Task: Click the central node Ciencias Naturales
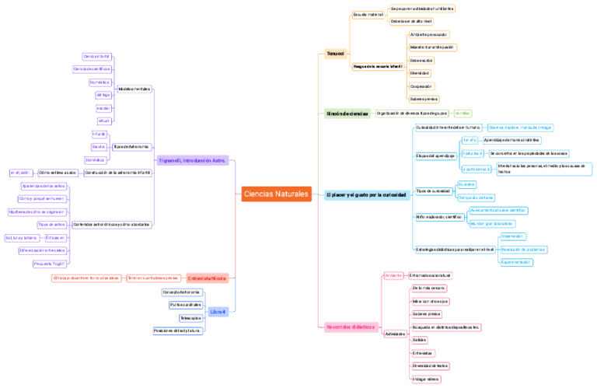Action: pos(276,194)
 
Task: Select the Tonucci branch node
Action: pos(335,54)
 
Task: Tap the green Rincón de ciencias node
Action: pos(347,114)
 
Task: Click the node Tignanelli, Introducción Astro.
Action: pos(191,160)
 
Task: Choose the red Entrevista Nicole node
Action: pos(206,278)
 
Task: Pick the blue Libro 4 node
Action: pos(218,311)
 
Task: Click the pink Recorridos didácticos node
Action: pos(351,327)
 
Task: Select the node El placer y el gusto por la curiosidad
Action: pos(366,194)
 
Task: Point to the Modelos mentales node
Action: pos(134,89)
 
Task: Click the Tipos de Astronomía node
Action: pos(131,146)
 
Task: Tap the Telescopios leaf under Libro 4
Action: pos(190,318)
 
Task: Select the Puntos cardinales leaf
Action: pos(186,305)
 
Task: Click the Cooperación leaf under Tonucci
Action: pos(421,86)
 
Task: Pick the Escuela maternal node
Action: pos(368,14)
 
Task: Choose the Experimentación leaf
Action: pos(516,262)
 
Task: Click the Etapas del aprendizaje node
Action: pos(435,156)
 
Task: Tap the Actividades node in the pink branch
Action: pos(395,334)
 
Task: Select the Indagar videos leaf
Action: pos(425,379)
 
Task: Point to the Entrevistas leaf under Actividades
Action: pos(424,352)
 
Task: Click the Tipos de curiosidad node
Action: pos(433,191)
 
